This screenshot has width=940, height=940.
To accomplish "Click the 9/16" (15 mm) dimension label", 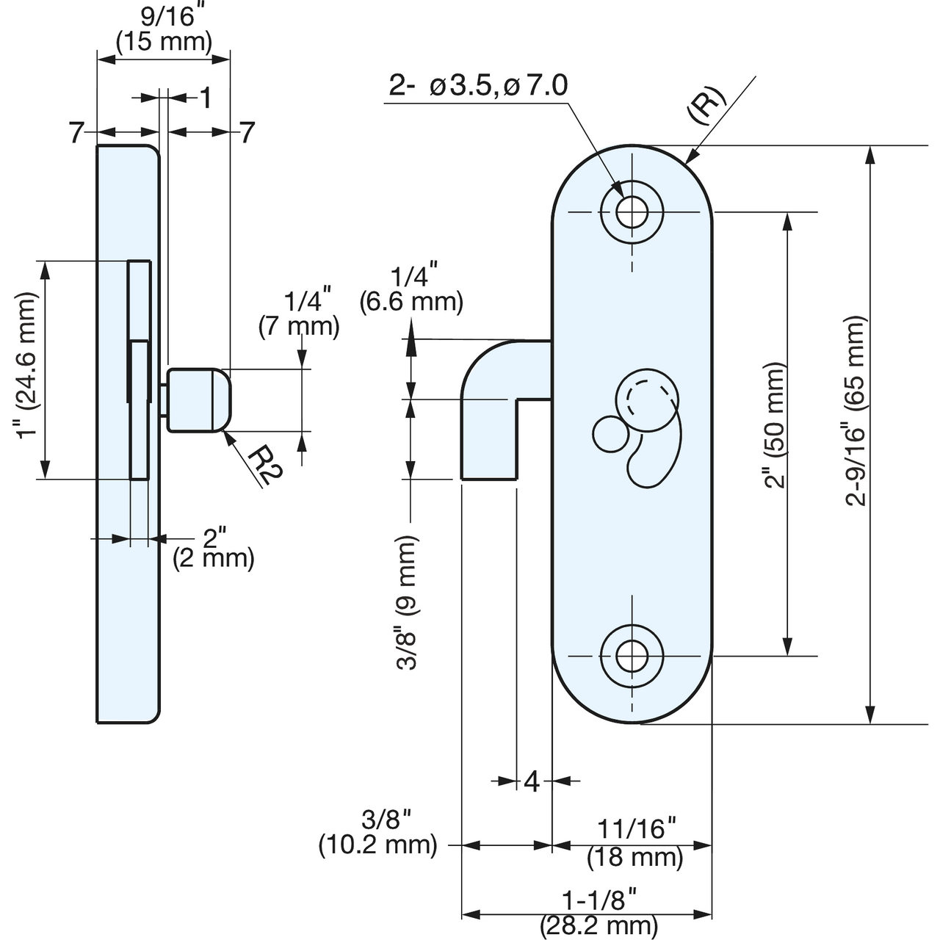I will tap(164, 29).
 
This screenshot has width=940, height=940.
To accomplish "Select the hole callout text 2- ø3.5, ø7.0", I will tap(478, 86).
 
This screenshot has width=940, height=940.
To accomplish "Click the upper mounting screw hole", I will tap(631, 213).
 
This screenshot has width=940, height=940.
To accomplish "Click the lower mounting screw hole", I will tap(631, 655).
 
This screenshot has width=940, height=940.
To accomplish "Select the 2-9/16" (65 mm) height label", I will tap(856, 411).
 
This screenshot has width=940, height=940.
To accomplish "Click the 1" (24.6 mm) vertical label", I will tap(27, 365).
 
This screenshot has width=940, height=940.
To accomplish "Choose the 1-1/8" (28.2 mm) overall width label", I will tap(599, 911).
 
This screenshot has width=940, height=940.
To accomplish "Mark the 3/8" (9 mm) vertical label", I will tap(408, 602).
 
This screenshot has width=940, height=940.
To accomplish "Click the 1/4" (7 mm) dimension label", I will tap(299, 314).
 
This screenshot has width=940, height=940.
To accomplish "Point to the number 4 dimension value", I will tap(532, 782).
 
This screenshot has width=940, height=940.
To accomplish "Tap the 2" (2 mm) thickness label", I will tap(213, 548).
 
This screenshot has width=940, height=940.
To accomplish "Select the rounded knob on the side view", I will tap(198, 400).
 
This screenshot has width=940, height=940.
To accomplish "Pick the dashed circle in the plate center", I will tap(646, 400).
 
